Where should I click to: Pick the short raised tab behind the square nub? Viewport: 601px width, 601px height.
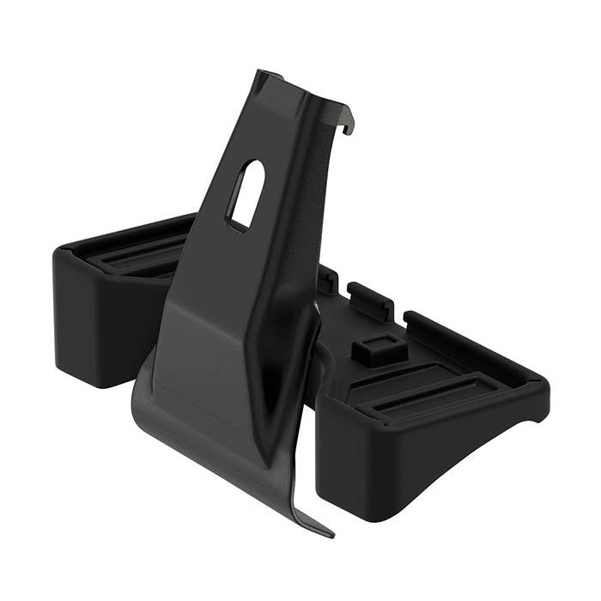pos(371,296)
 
